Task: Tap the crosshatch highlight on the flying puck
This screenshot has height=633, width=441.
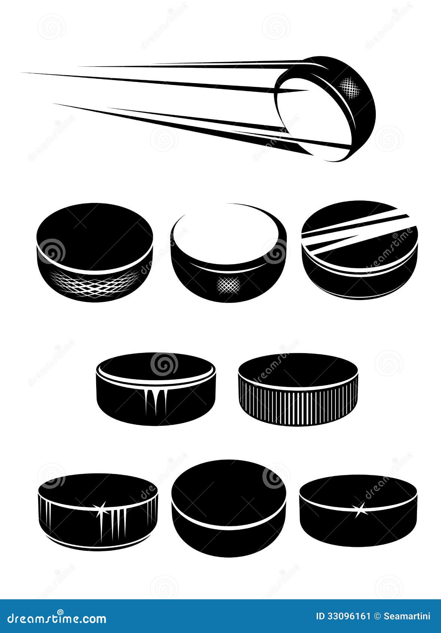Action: (x=350, y=87)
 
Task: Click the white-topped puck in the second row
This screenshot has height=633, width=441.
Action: (x=228, y=255)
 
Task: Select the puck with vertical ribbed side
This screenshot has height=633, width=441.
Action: (x=298, y=390)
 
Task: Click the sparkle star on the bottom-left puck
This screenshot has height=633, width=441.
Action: (x=101, y=509)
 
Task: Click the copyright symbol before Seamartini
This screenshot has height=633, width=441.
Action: (x=377, y=616)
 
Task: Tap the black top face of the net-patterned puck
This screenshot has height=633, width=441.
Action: (x=94, y=234)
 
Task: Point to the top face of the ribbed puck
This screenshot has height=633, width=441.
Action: (x=298, y=369)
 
